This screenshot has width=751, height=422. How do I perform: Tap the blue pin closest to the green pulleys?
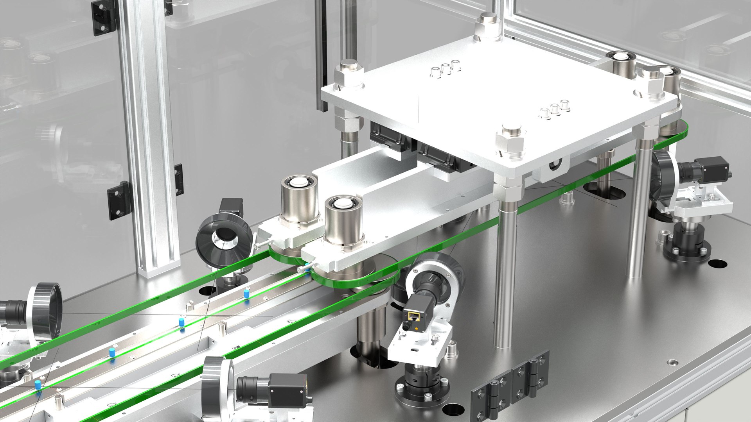pos(246,293)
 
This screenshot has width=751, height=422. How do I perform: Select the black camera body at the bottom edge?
pos(287,389)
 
